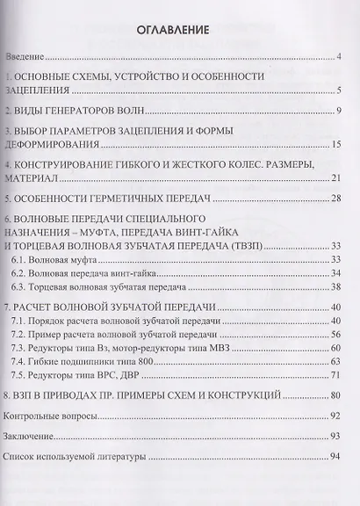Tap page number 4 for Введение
pos(338,58)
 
